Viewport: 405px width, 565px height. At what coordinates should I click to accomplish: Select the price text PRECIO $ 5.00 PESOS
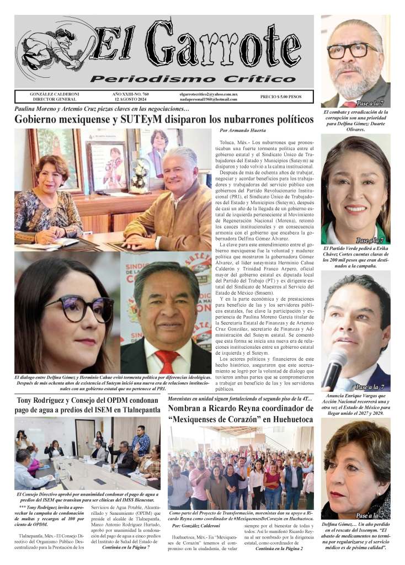click(x=281, y=97)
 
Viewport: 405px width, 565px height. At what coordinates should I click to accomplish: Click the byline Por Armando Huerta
click(x=242, y=131)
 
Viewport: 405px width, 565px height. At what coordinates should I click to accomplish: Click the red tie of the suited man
click(x=166, y=361)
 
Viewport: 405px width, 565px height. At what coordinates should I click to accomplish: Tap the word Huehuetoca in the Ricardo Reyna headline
click(x=285, y=420)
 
